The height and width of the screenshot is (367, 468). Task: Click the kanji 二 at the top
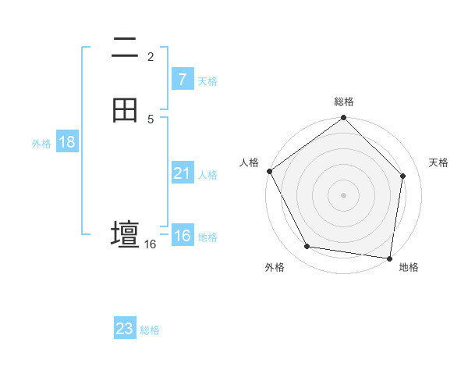tap(125, 48)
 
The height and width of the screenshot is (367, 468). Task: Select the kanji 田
tap(125, 110)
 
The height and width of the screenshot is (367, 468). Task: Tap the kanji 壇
tap(125, 234)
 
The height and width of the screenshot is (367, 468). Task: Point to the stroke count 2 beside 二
tap(151, 56)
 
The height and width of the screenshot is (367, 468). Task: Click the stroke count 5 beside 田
tap(151, 119)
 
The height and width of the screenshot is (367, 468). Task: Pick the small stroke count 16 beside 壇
tap(151, 244)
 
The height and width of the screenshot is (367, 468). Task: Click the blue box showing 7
tap(182, 80)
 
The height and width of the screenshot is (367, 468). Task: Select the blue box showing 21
tap(182, 173)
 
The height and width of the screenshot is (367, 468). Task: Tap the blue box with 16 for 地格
tap(182, 236)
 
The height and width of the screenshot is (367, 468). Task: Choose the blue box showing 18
tap(67, 142)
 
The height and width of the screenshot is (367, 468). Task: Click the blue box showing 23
tap(125, 329)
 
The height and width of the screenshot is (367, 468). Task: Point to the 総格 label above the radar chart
tap(344, 102)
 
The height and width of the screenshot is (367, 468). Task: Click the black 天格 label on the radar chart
tap(438, 162)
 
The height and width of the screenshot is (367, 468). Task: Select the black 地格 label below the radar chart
tap(409, 267)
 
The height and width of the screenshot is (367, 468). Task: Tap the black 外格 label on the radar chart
tap(275, 267)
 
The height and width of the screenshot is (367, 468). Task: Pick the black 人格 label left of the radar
tap(250, 162)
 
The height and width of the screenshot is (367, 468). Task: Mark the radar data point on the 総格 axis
tap(344, 119)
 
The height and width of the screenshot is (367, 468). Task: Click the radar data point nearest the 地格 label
tap(390, 257)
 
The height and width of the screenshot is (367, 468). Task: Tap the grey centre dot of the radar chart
tap(344, 194)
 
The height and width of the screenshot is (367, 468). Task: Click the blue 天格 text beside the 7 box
tap(207, 81)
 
